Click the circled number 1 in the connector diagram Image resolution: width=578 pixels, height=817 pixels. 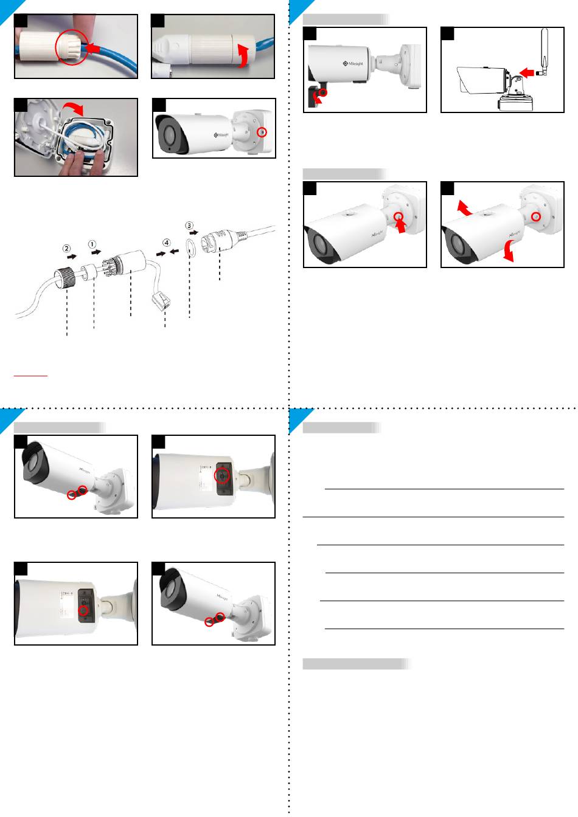click(x=93, y=244)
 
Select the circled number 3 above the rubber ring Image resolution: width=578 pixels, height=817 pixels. click(x=190, y=226)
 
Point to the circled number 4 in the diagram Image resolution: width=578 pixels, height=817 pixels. click(x=166, y=243)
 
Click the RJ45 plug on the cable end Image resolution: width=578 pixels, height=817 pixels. click(x=161, y=302)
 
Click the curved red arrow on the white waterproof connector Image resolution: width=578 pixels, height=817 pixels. click(x=243, y=54)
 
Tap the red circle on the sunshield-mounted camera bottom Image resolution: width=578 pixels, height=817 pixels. click(x=324, y=92)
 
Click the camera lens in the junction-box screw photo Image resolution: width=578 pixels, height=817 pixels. click(x=166, y=136)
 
